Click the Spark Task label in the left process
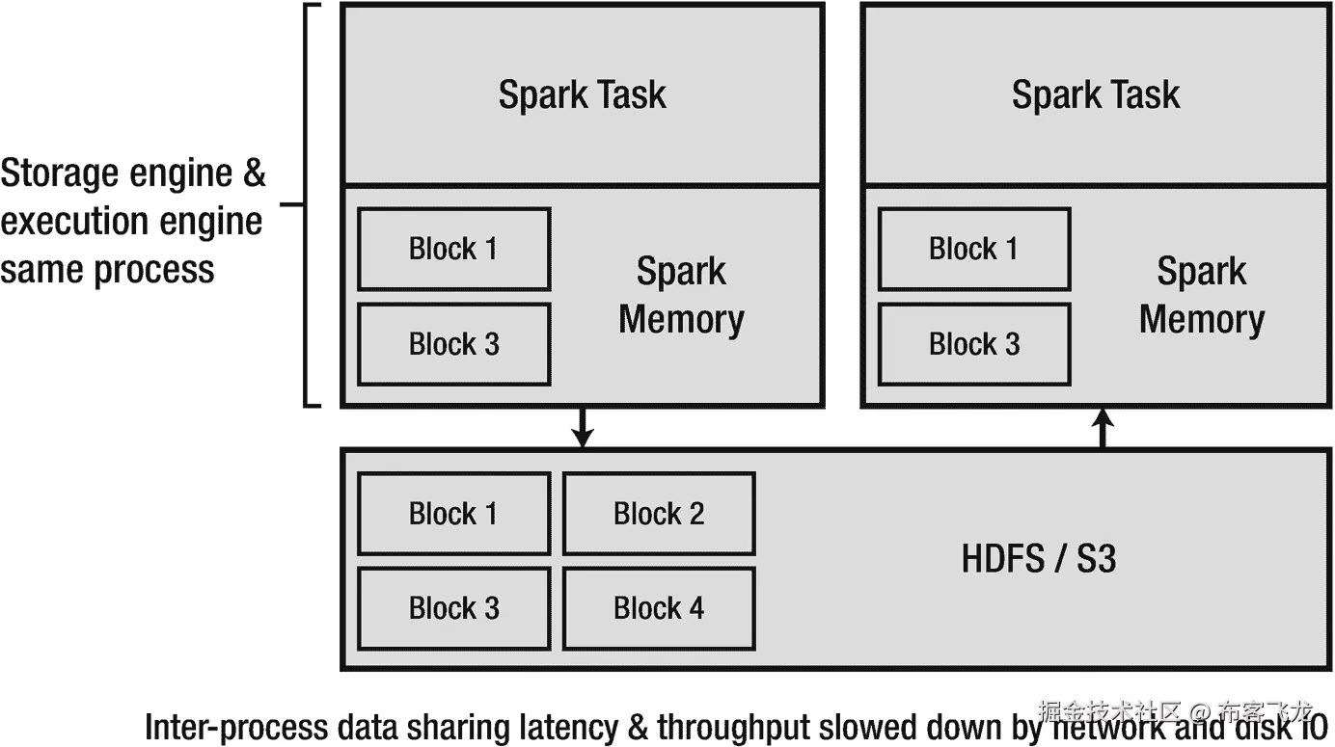582,94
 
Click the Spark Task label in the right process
1095,94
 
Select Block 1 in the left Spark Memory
453,249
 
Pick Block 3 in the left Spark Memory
453,344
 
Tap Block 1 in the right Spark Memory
973,249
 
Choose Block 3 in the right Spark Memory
973,344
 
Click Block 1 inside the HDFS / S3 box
453,514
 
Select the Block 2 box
659,514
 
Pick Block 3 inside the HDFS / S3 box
453,608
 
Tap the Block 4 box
659,608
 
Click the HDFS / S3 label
1039,559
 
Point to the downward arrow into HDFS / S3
581,427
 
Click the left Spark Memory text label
681,295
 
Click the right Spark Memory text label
1201,295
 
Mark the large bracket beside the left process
308,204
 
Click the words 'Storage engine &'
133,173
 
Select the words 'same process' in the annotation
107,268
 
